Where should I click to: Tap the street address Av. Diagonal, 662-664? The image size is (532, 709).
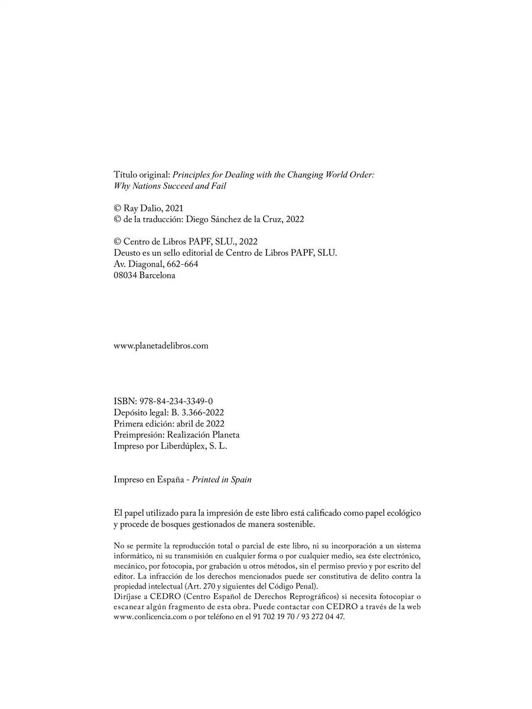[x=155, y=264]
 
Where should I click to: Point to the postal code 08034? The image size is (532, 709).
[x=125, y=275]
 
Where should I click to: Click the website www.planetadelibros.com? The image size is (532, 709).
[x=161, y=346]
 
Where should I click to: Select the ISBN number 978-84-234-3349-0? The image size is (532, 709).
[x=176, y=401]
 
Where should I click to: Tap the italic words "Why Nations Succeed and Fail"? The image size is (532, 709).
[x=170, y=186]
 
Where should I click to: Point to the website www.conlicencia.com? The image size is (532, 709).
[x=141, y=616]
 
